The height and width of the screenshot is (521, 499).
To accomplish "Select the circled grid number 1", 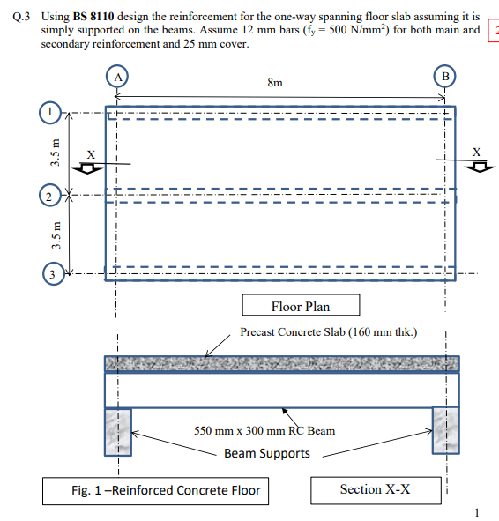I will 51,113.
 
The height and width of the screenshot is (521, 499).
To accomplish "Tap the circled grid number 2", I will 51,194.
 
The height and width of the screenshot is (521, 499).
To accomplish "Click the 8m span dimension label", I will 275,84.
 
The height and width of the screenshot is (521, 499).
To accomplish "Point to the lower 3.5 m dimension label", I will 55,233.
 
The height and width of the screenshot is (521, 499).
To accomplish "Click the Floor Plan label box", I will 300,306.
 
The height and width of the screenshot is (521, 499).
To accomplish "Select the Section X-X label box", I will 375,489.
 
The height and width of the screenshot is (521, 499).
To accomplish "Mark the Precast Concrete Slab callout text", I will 328,332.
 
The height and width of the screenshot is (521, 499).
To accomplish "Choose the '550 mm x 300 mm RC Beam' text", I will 264,431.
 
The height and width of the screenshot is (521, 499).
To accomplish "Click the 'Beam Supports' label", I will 266,453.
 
